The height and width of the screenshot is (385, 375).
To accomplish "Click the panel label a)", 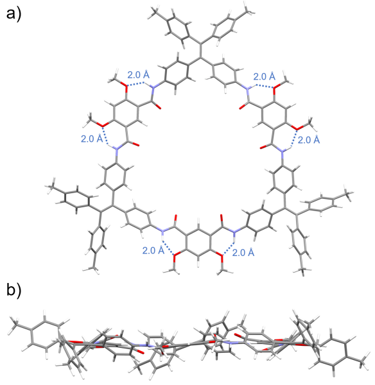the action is click(13, 14).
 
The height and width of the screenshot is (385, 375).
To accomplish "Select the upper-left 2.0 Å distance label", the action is click(138, 74).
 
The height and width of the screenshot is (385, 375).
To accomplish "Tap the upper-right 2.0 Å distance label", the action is click(264, 76).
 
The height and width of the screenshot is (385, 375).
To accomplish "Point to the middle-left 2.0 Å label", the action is click(92, 139).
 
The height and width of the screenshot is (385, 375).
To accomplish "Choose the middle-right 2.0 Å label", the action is click(309, 140).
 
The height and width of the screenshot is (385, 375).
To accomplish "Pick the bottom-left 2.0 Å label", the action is click(153, 250).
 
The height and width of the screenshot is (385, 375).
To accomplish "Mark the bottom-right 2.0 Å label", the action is click(243, 252).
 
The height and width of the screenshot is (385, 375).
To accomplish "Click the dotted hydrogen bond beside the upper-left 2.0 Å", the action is click(135, 84).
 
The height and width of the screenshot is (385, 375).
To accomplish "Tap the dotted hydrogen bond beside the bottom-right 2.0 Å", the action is click(228, 249).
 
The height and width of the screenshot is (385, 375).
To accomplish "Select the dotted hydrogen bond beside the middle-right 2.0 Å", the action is click(294, 139).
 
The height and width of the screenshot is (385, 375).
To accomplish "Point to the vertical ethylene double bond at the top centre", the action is click(201, 51).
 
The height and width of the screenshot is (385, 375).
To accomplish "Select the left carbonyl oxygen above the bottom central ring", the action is click(175, 218).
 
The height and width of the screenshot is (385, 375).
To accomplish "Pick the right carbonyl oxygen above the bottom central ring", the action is click(222, 218).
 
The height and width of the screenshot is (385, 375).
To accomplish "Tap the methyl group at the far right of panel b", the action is click(363, 359).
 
